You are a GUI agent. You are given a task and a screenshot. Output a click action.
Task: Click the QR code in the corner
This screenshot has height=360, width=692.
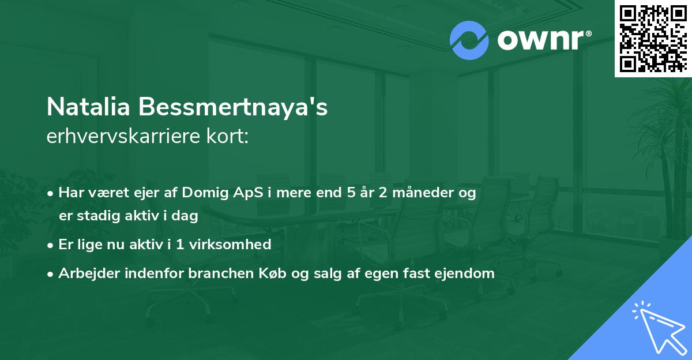(x=653, y=38)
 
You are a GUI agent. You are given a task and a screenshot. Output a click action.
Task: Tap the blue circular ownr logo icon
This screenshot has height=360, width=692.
(x=469, y=40)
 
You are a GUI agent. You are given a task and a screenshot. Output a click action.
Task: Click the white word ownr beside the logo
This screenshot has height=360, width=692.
(x=541, y=40)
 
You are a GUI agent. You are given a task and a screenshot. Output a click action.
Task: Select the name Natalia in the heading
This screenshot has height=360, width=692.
(x=88, y=107)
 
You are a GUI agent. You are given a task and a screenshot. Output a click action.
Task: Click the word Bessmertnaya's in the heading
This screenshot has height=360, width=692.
(x=233, y=107)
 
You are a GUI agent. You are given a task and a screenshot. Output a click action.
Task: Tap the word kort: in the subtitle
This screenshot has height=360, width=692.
(x=227, y=136)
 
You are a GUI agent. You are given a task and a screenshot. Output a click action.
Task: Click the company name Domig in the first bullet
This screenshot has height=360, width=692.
(x=205, y=193)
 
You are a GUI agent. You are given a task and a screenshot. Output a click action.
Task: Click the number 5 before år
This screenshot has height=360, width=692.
(x=351, y=193)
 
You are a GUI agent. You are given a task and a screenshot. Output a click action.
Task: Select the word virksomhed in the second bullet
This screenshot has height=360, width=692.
(x=230, y=245)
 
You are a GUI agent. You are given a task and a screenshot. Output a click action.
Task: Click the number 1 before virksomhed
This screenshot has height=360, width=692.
(x=180, y=245)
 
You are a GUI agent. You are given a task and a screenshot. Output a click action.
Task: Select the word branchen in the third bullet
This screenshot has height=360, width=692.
(x=221, y=273)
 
